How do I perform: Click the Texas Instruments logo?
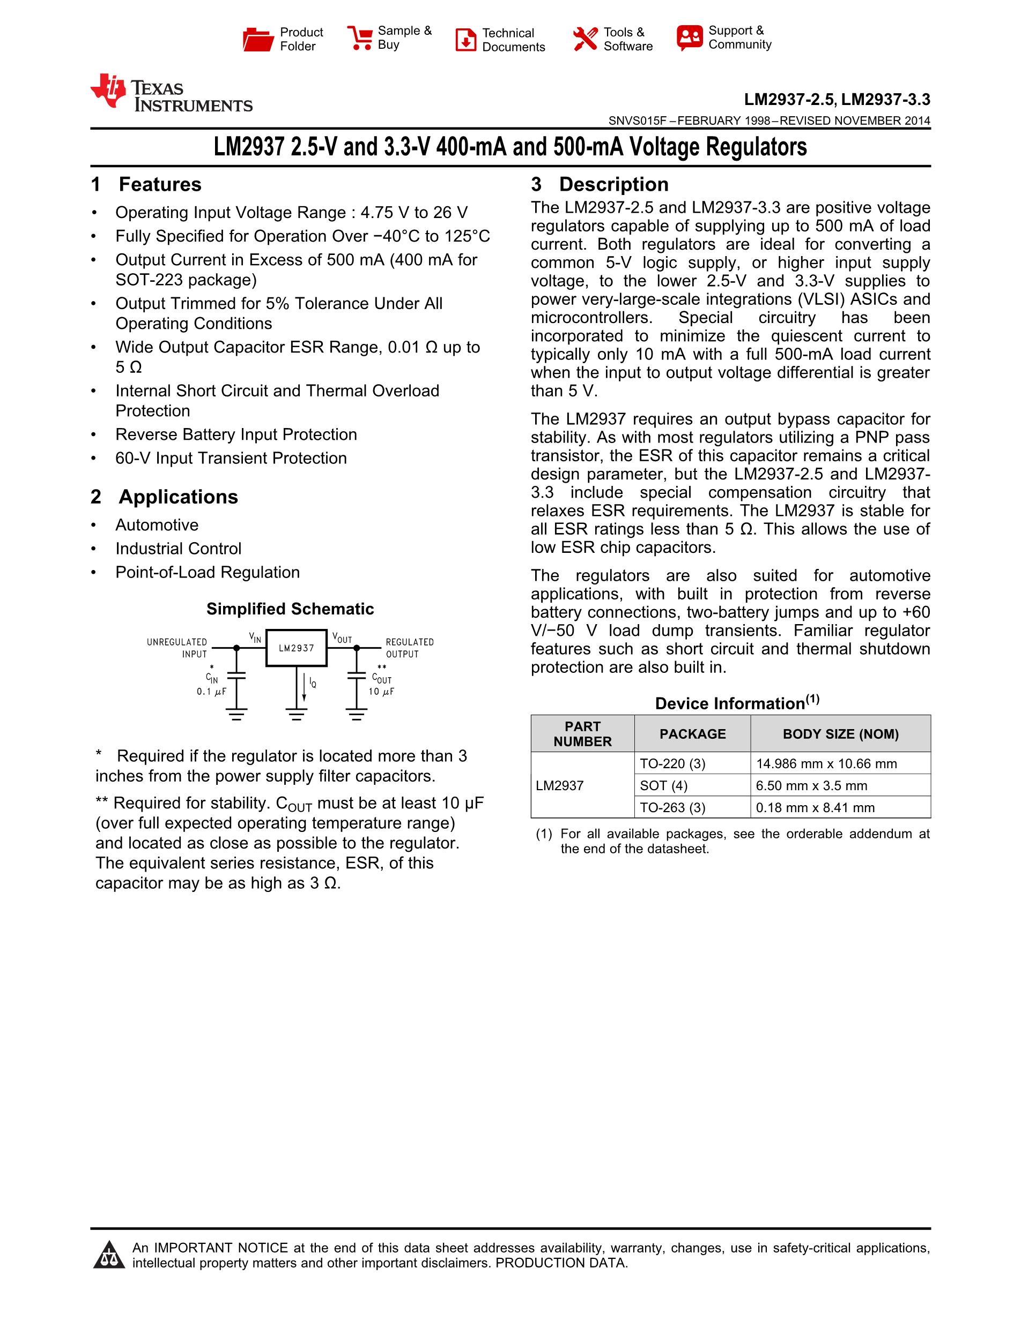coord(171,93)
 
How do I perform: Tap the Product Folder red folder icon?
coord(258,39)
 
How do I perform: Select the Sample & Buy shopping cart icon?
coord(359,37)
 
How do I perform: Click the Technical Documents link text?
coord(513,40)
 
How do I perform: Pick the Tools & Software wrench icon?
coord(585,39)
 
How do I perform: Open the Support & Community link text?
coord(739,37)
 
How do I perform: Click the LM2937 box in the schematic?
coord(297,648)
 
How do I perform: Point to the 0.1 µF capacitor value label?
coord(211,692)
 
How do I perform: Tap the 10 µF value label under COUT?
coord(381,692)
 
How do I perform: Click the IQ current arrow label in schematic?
coord(312,683)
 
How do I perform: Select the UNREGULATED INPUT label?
coord(176,648)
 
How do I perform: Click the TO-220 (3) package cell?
coord(672,763)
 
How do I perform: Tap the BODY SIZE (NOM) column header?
coord(840,734)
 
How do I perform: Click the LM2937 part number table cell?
coord(560,786)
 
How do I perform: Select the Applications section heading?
coord(178,497)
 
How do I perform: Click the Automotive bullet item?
coord(157,524)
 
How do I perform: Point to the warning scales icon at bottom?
coord(109,1255)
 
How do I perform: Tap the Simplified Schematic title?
coord(290,609)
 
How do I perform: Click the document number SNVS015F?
coord(637,121)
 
